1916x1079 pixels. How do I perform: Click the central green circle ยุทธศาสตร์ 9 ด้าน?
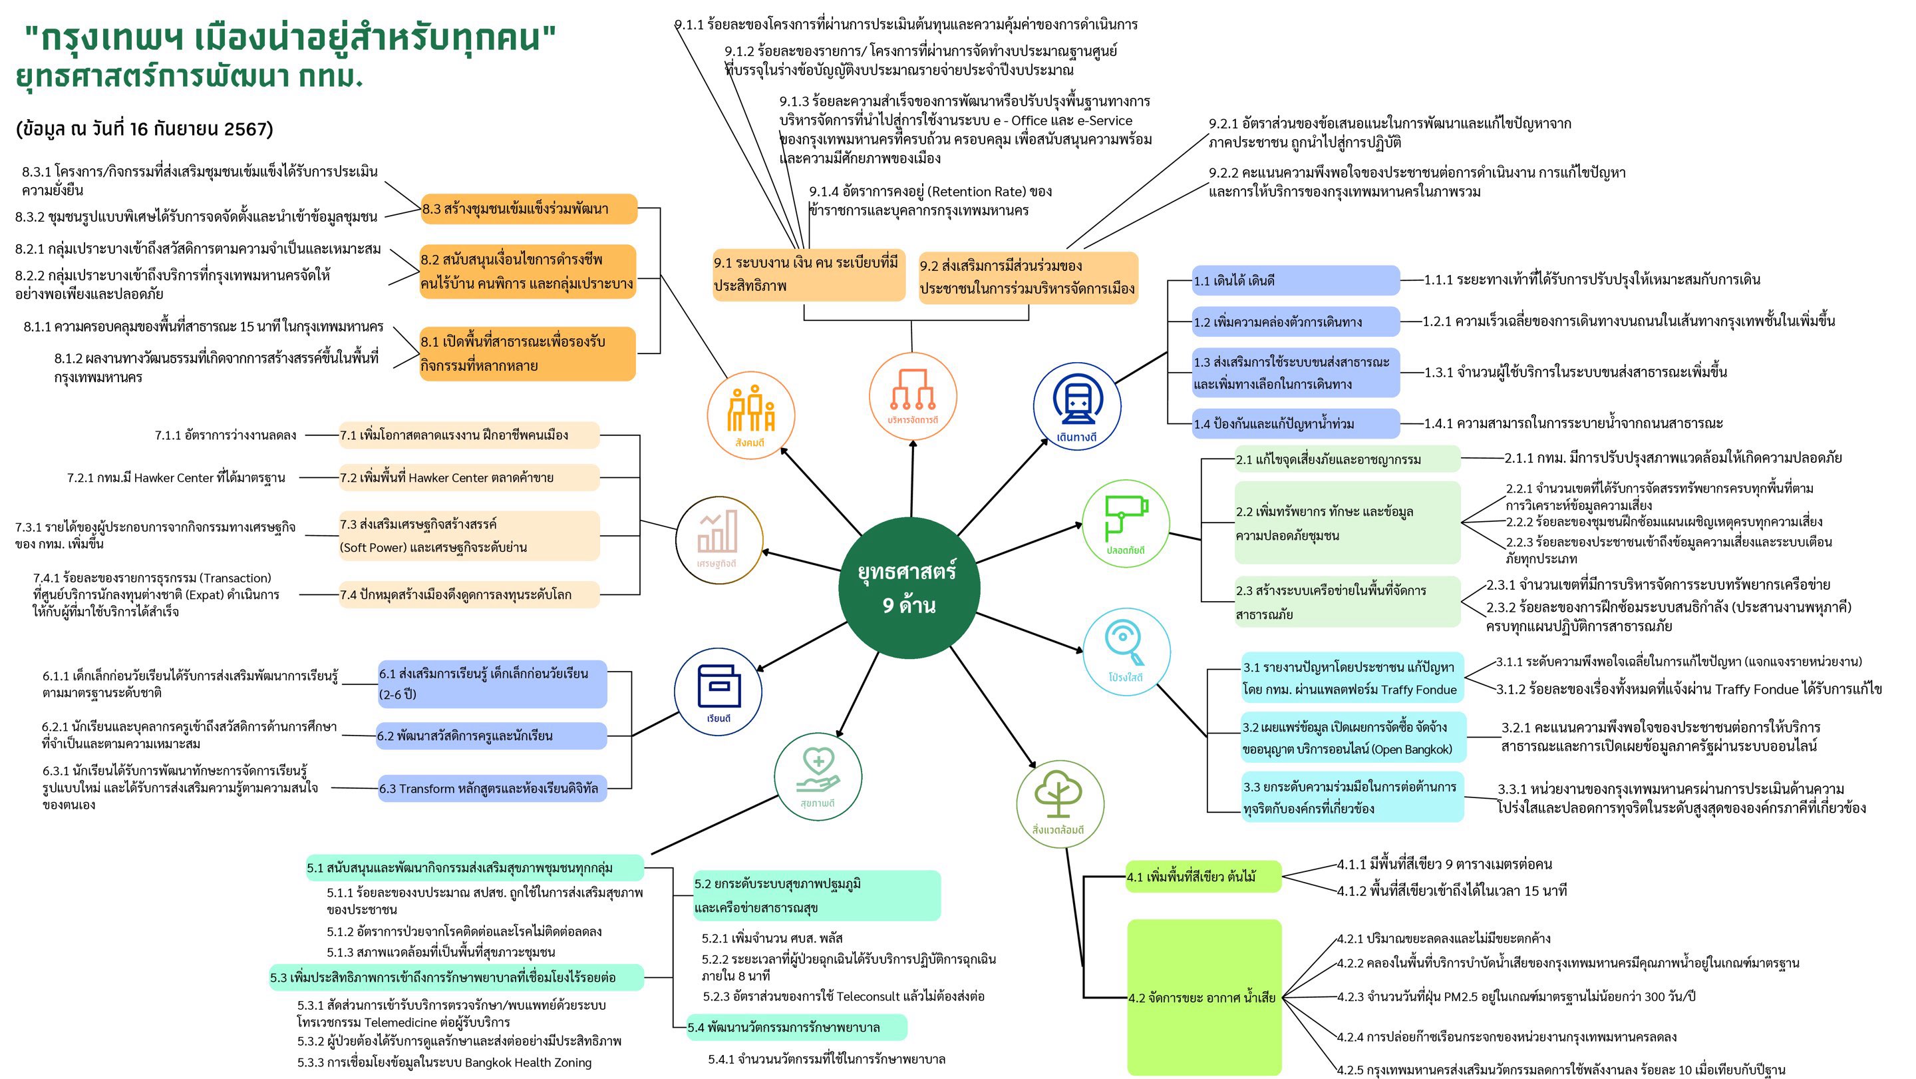point(907,588)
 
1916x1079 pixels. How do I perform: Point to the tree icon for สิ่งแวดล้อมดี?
point(1059,800)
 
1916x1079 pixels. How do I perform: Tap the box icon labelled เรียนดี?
point(718,688)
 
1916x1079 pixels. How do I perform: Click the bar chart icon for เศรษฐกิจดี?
point(718,535)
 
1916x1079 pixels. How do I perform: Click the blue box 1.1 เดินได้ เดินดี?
point(1295,280)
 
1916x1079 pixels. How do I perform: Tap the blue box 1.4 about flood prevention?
point(1295,424)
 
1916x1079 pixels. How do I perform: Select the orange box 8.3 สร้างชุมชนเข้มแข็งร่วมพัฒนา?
point(528,209)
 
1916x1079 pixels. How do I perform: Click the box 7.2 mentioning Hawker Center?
point(468,478)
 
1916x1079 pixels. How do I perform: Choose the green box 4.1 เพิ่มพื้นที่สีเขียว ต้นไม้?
point(1203,877)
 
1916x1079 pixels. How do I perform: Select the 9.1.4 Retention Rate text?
point(930,201)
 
